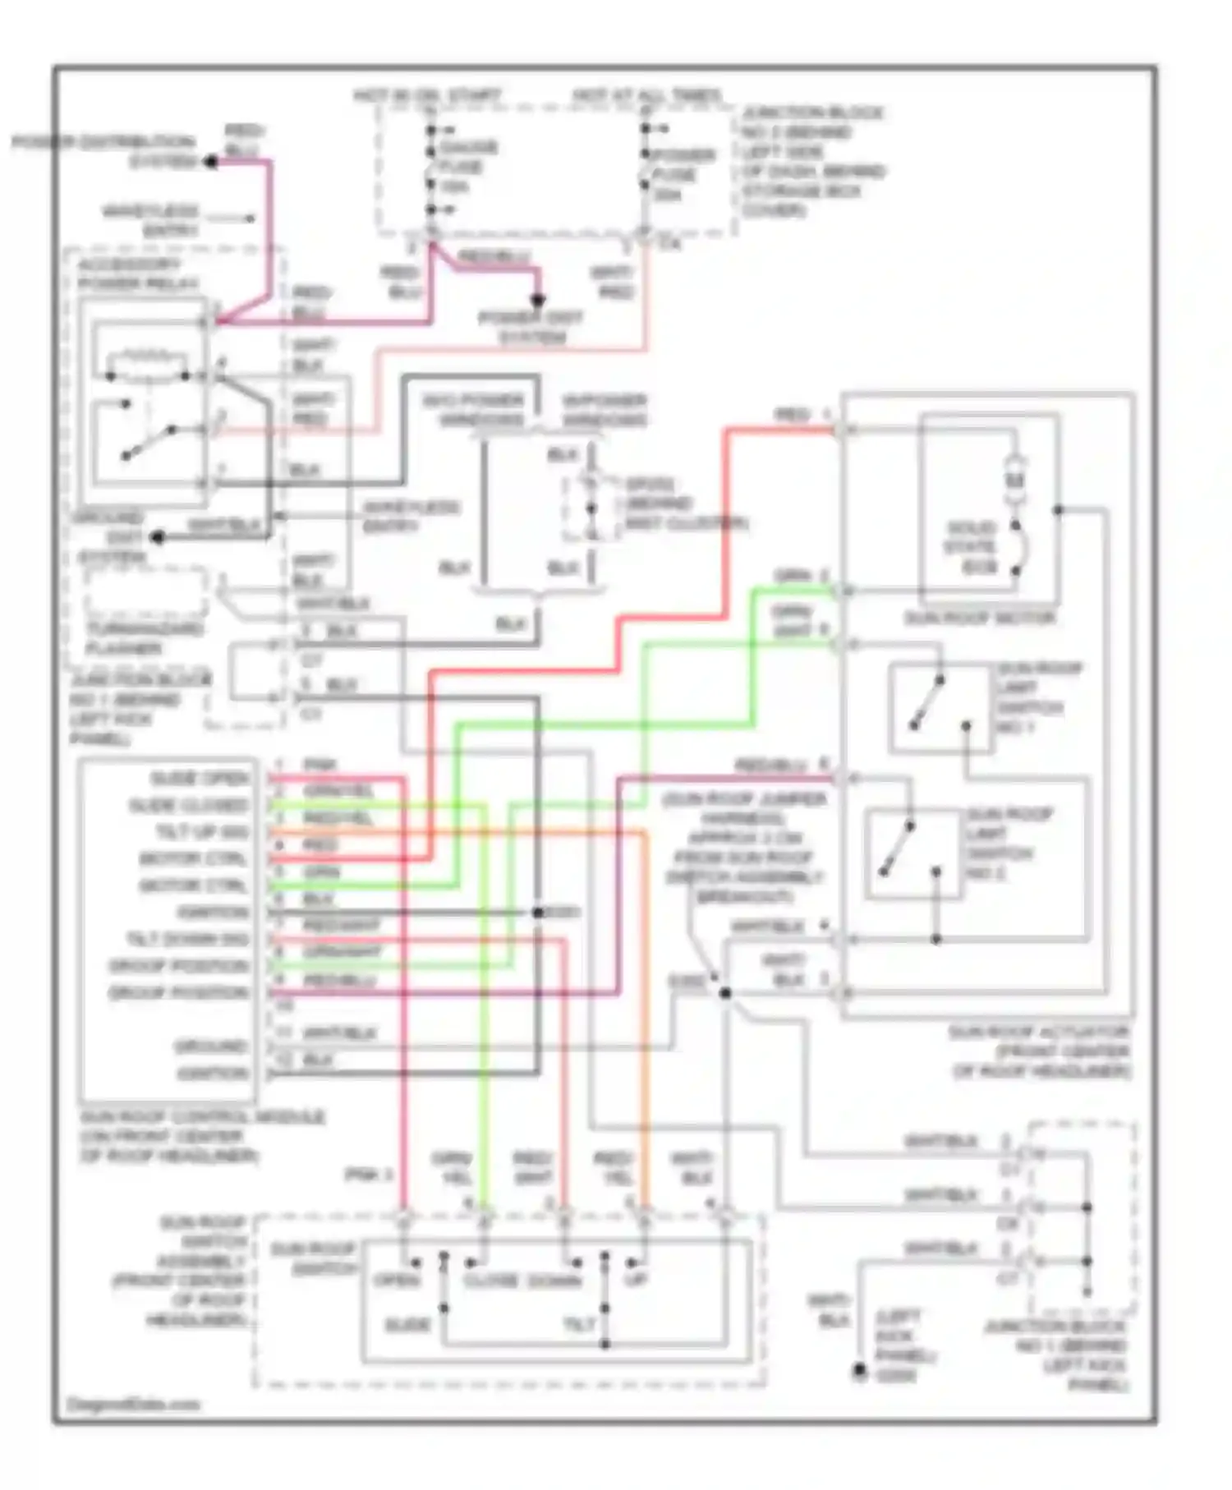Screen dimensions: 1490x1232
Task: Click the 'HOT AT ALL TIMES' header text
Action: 646,96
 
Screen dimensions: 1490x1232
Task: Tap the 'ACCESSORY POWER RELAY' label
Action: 130,274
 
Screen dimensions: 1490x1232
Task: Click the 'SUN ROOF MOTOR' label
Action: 980,618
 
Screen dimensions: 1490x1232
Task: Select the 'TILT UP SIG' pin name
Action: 201,833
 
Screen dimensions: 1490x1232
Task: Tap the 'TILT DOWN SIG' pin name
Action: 187,939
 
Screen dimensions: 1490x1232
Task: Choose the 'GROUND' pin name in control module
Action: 211,1046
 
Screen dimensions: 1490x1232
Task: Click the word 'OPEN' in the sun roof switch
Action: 398,1281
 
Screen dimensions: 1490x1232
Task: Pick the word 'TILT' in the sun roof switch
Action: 579,1324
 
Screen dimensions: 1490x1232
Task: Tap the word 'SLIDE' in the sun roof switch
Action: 408,1324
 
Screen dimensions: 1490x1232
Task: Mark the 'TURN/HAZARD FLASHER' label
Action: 145,639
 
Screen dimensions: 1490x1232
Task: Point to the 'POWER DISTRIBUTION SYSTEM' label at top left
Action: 104,151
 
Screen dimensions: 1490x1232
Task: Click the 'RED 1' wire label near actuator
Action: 802,416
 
